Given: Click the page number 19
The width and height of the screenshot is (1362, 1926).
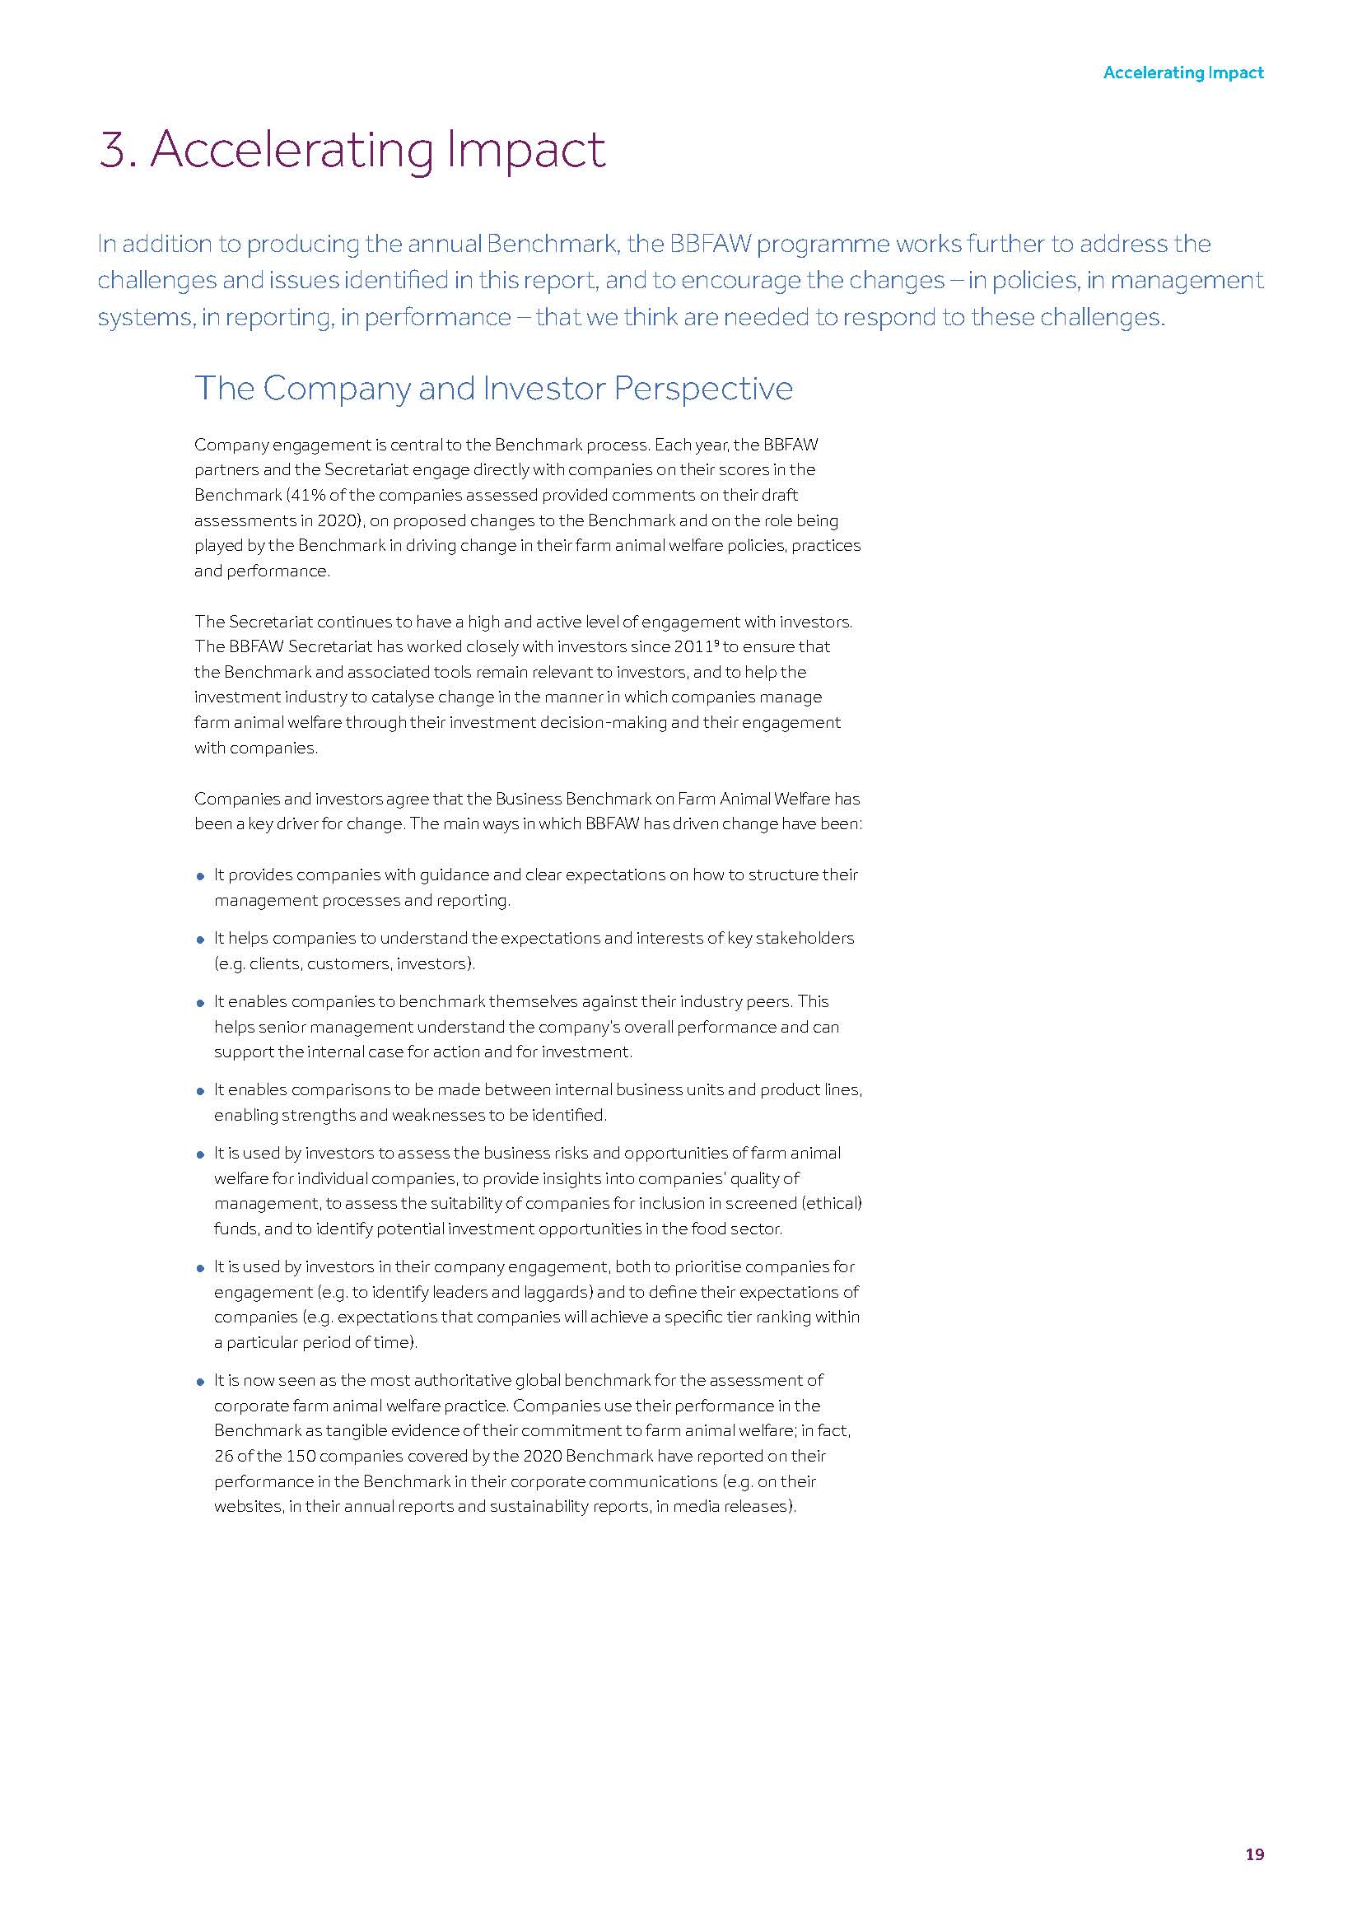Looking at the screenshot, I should (x=1254, y=1854).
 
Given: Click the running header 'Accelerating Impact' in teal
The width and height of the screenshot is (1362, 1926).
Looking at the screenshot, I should (x=1182, y=73).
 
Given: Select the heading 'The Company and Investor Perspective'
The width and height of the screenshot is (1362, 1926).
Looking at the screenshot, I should (x=493, y=389).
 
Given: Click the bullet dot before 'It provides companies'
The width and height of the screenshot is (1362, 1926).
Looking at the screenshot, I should (x=200, y=877).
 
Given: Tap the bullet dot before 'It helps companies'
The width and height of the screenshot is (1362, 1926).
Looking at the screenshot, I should (x=200, y=940).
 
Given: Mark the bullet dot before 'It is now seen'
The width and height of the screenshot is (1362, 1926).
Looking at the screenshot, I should (x=200, y=1382).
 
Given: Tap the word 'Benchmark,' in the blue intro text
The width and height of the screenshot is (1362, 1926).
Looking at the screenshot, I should (x=553, y=244).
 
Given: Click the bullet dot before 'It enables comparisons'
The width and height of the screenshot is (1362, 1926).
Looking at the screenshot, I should (x=200, y=1091).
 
